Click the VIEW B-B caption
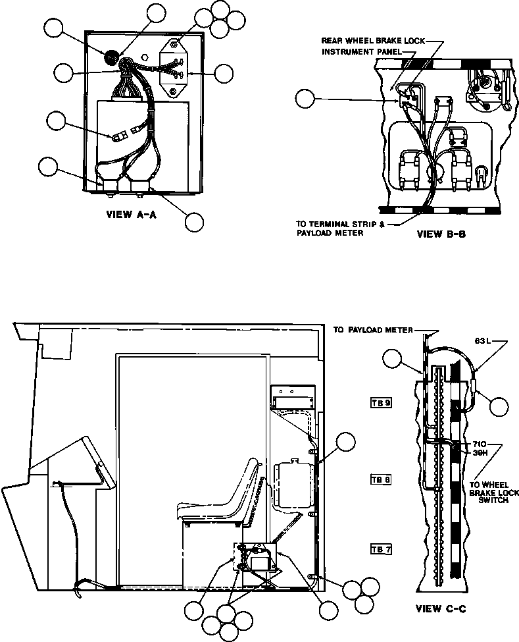441,234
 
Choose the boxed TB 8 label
381,479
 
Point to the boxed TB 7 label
381,548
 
